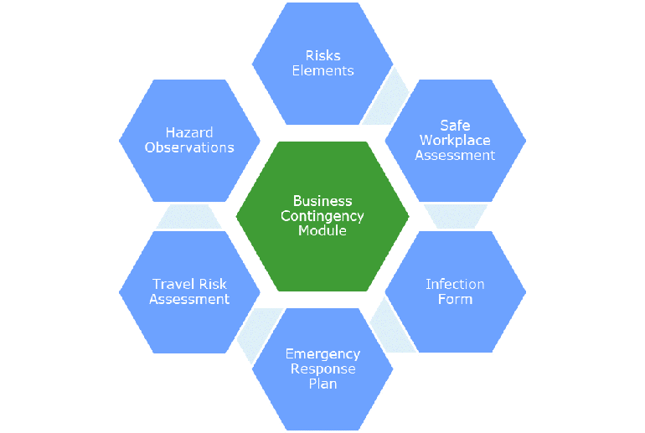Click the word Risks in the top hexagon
[322, 56]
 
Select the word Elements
[322, 70]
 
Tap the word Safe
[455, 126]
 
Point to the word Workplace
[455, 140]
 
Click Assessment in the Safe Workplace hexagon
[455, 155]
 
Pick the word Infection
[455, 284]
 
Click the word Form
[455, 299]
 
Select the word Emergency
[322, 354]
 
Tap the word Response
[322, 369]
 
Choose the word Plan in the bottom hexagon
[322, 384]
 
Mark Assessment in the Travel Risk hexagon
[189, 299]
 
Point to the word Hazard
[189, 132]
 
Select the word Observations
[189, 147]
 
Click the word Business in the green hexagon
[322, 201]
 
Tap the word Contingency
[322, 215]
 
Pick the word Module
[322, 230]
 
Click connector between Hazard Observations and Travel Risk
[189, 216]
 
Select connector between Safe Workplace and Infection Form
[455, 216]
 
